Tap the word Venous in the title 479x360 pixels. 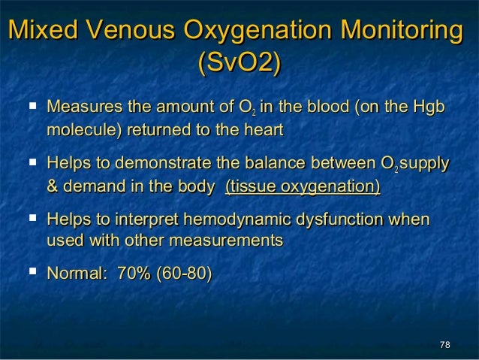coord(129,32)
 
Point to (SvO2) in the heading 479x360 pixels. coord(239,64)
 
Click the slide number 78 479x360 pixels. coord(444,344)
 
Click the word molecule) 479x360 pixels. coord(85,131)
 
